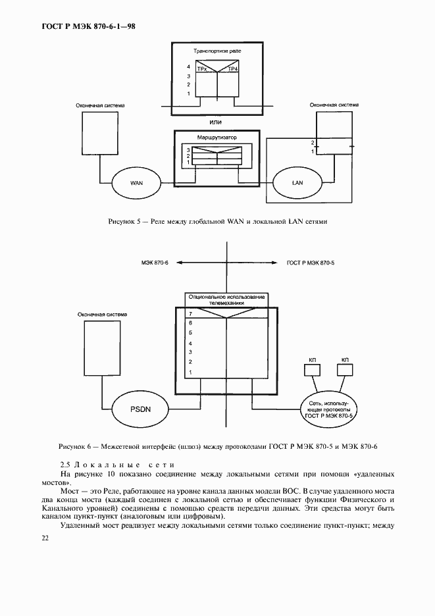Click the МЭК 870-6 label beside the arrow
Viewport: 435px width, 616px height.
tap(155, 263)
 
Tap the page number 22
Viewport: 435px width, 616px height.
tap(45, 538)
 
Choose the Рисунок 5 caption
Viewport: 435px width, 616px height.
tap(217, 222)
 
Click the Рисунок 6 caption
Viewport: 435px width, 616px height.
tap(217, 448)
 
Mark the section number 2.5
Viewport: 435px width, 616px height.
tap(65, 465)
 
